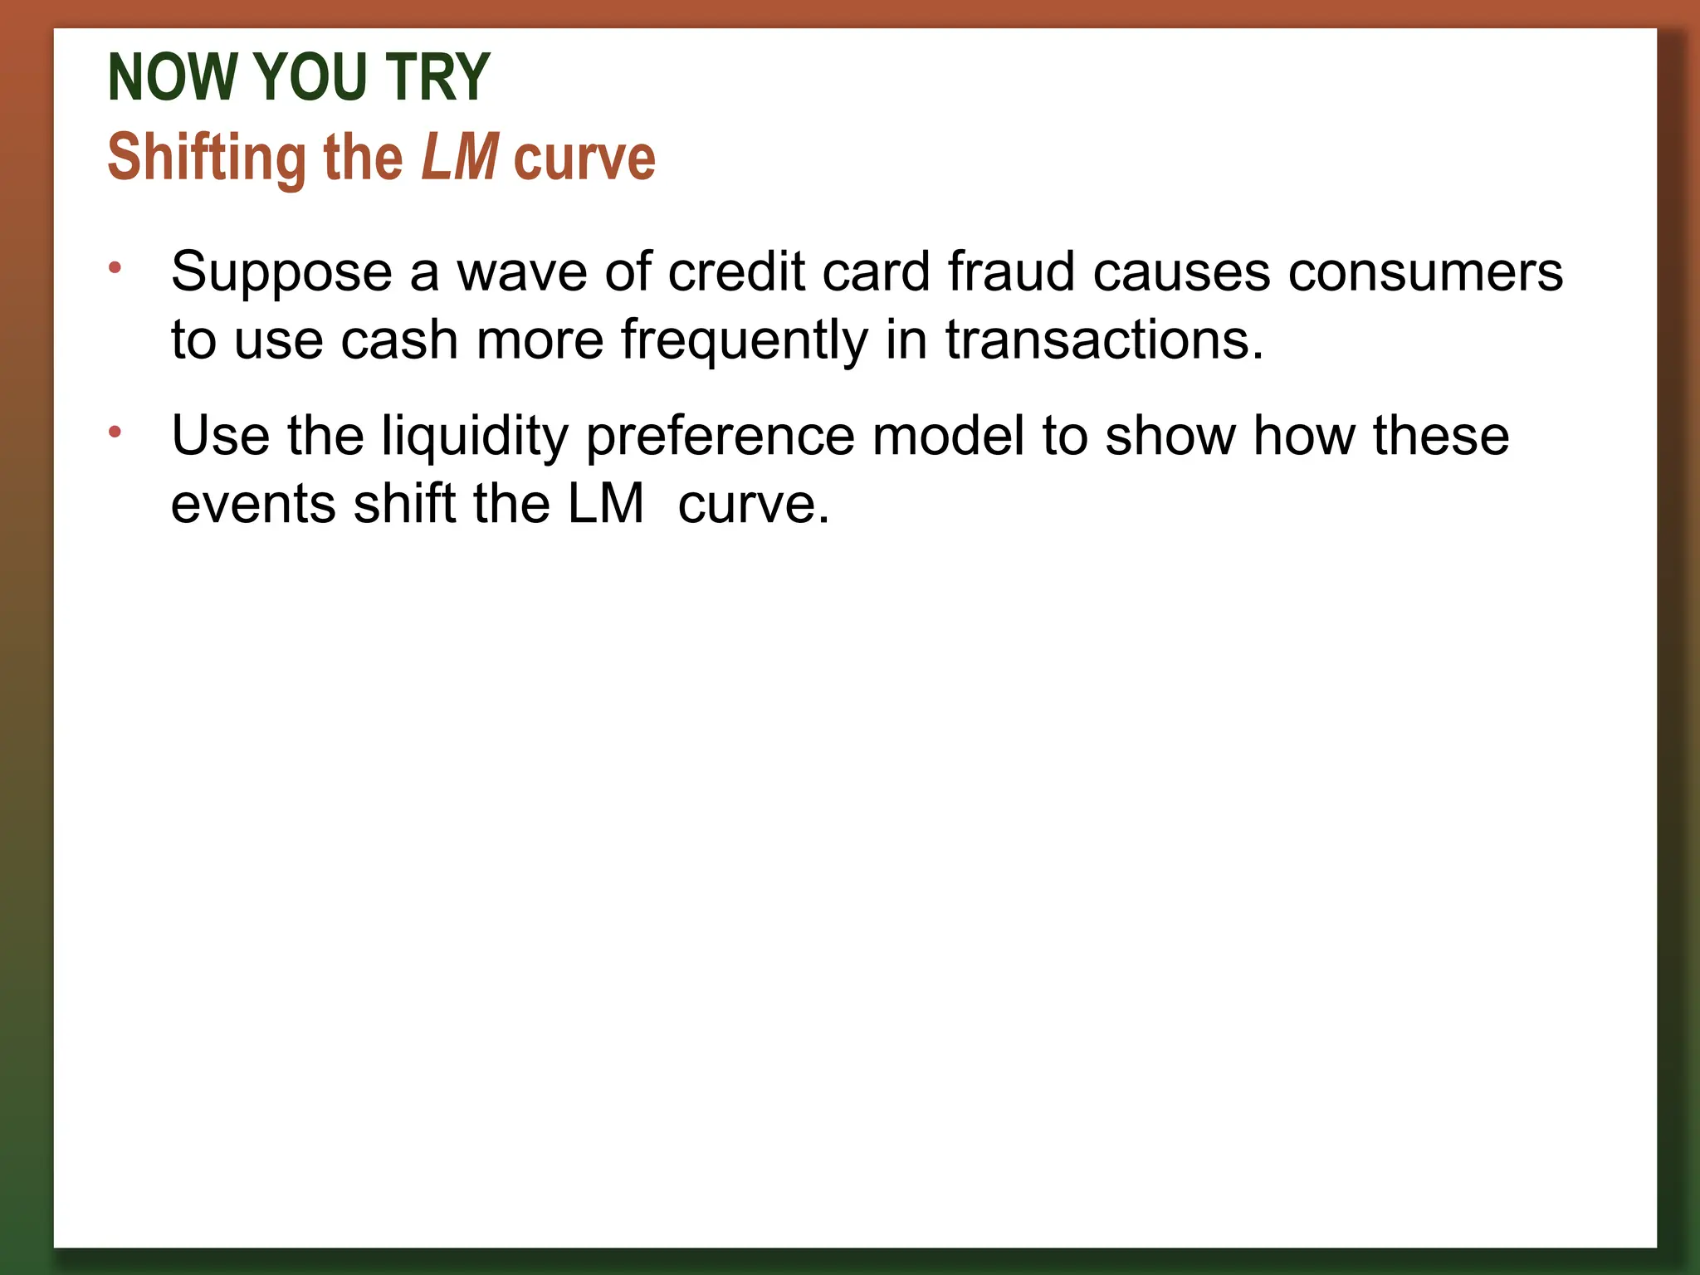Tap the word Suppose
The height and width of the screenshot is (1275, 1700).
[x=281, y=273]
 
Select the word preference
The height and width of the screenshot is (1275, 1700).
[x=720, y=437]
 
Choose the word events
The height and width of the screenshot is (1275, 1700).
[x=253, y=504]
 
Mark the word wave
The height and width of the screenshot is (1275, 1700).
[x=523, y=273]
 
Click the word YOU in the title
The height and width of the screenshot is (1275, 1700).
[x=309, y=77]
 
